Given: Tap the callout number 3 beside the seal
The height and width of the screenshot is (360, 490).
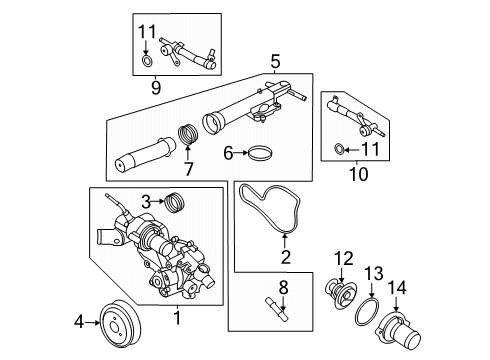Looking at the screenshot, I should coord(145,202).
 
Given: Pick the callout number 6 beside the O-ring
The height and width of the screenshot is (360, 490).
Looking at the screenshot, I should coord(228,154).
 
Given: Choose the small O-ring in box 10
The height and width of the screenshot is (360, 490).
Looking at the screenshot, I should coord(338,149).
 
